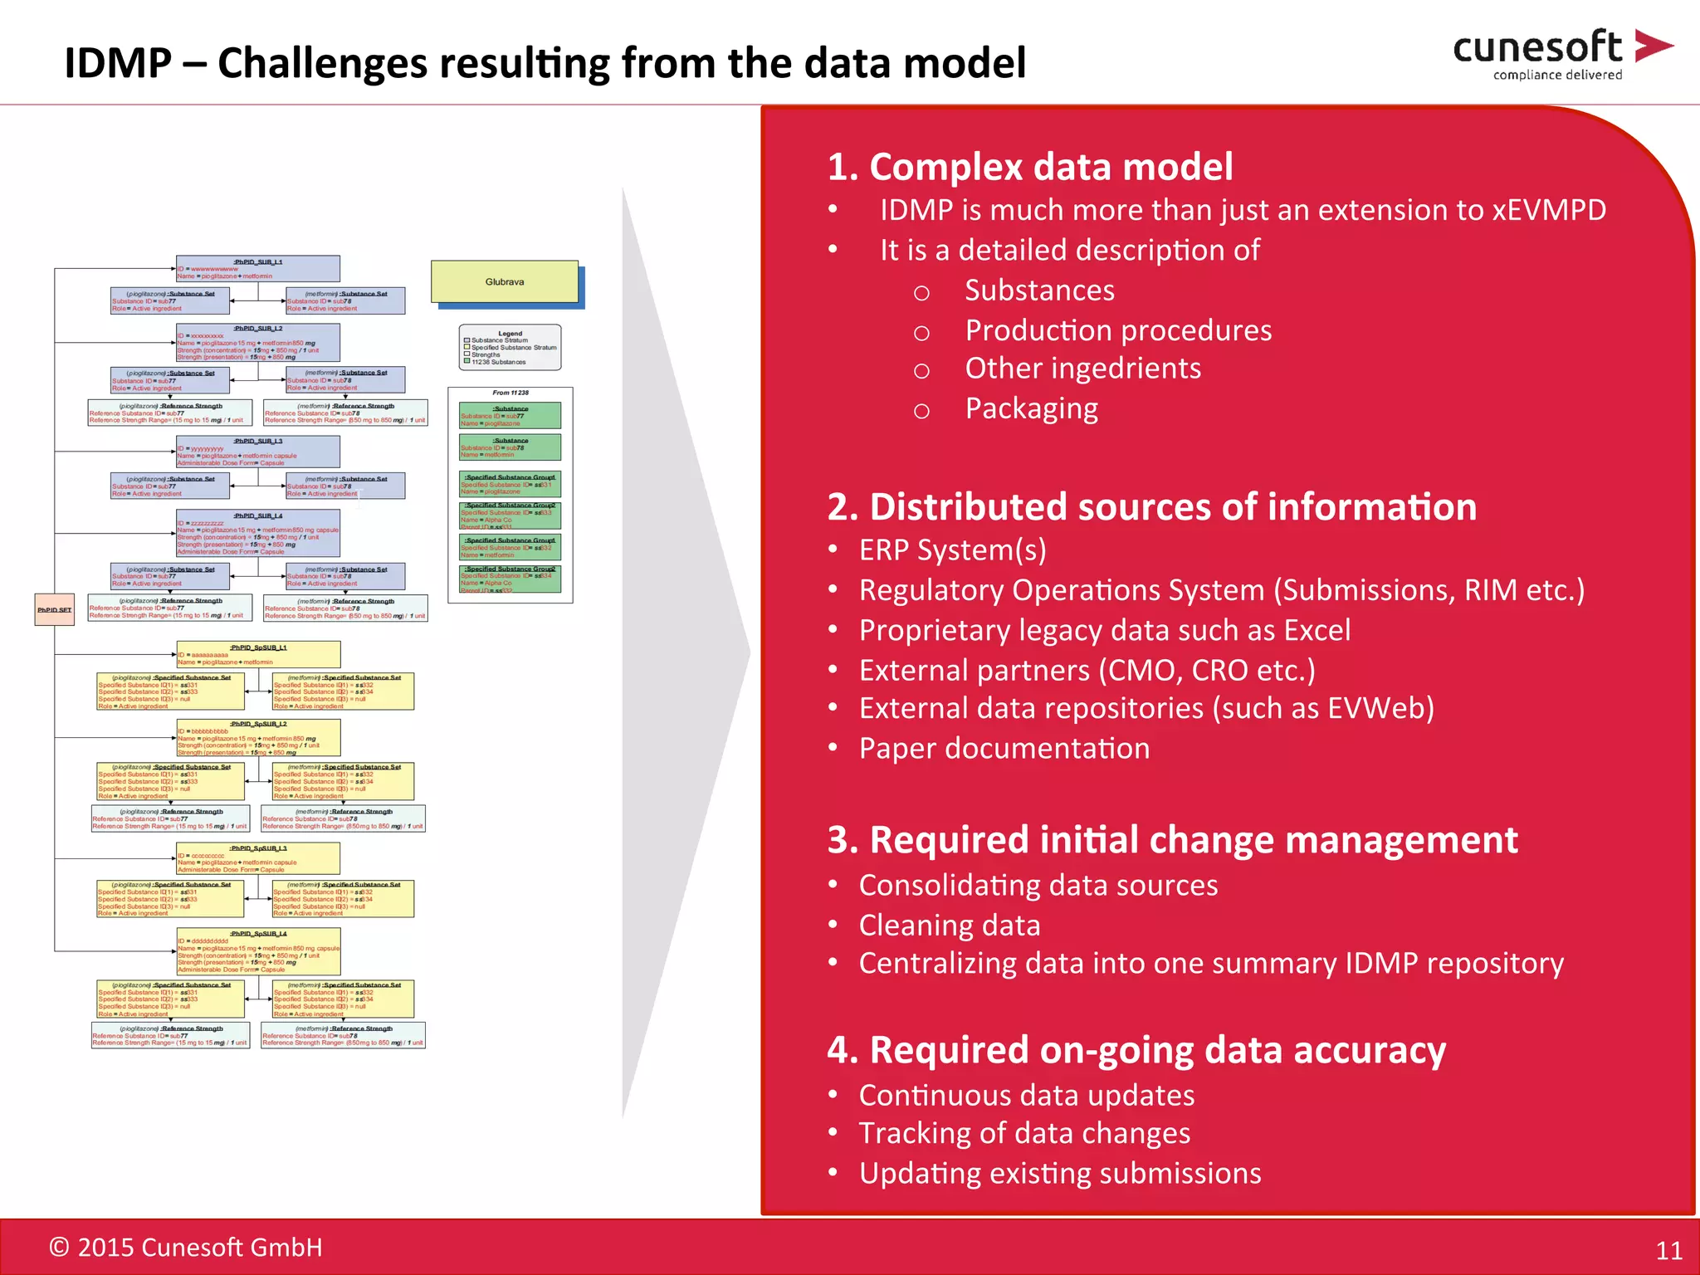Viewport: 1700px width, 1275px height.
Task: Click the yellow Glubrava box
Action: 504,281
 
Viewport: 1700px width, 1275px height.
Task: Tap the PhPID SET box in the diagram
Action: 54,609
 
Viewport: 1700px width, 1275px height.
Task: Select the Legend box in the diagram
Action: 510,347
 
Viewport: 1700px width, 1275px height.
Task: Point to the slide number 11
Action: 1668,1250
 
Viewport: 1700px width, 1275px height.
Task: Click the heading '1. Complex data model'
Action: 1029,167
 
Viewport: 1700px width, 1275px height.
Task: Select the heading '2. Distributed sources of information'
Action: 1151,507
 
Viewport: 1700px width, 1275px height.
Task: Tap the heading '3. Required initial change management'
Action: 1172,840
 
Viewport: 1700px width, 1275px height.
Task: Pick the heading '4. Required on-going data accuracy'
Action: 1136,1050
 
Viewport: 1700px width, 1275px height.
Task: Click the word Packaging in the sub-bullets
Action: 1031,408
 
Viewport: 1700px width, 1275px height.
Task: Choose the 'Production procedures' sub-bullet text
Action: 1117,330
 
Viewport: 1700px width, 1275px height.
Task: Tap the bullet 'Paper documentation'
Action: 1004,749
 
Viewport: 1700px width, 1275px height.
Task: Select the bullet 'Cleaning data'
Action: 949,926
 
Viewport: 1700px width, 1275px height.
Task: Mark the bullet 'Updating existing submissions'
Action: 1059,1174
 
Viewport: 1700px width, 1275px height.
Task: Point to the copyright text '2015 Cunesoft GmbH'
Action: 199,1248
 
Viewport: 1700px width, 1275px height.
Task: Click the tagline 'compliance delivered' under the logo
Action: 1557,75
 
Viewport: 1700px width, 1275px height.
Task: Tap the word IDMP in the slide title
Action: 118,63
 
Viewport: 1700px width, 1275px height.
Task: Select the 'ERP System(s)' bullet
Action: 952,550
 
